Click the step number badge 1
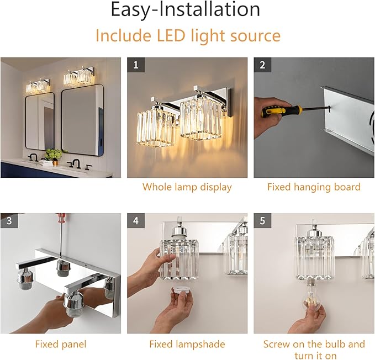tap(136, 65)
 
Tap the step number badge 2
tap(262, 65)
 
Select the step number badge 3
tap(9, 221)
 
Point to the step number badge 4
tap(136, 221)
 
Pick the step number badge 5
tap(262, 221)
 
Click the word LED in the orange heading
tap(171, 35)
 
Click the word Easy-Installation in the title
tap(186, 9)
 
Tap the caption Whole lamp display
tap(187, 187)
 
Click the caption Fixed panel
tap(61, 344)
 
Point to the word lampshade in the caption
tap(200, 345)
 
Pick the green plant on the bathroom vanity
tap(54, 154)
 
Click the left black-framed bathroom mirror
tap(40, 121)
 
